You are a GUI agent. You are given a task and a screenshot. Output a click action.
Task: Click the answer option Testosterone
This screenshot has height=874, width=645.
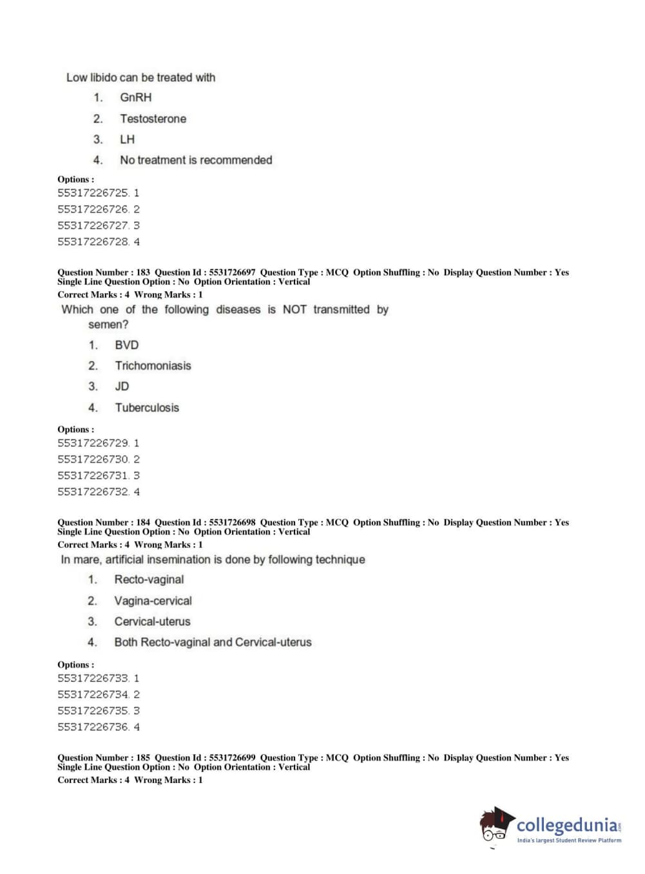click(153, 119)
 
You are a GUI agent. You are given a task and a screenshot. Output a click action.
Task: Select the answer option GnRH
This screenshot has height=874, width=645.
click(135, 97)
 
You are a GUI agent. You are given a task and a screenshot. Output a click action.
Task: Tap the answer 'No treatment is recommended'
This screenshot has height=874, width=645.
click(196, 160)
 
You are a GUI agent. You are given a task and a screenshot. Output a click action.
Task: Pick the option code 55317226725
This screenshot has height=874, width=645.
click(93, 193)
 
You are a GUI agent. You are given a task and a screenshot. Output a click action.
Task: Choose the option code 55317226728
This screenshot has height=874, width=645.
click(93, 242)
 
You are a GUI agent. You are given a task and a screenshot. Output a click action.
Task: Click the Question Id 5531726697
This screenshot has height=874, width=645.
click(232, 272)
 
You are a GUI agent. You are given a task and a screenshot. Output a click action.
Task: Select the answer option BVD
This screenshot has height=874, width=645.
click(126, 345)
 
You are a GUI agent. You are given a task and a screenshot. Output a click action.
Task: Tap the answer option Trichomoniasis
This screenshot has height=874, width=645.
click(153, 365)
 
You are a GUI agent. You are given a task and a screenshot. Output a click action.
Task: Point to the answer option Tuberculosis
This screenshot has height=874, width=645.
click(147, 407)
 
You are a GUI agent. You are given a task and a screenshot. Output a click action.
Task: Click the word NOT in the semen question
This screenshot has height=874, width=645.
click(294, 309)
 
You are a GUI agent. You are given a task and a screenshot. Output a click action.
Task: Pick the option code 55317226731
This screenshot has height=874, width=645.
click(93, 476)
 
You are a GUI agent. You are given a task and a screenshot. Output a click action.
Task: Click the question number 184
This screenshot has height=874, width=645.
click(143, 522)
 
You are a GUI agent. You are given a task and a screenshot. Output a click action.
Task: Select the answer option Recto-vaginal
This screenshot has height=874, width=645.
click(149, 579)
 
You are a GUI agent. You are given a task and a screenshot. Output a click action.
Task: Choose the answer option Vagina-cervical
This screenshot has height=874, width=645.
click(153, 601)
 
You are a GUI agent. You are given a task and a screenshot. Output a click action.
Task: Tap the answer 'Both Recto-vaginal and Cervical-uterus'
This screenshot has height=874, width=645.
click(213, 642)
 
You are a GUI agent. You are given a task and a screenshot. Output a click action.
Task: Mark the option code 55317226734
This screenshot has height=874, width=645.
click(93, 695)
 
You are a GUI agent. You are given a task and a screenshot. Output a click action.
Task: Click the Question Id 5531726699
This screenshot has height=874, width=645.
click(232, 757)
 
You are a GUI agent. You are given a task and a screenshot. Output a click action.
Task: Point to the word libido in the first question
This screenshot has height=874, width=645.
click(103, 77)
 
